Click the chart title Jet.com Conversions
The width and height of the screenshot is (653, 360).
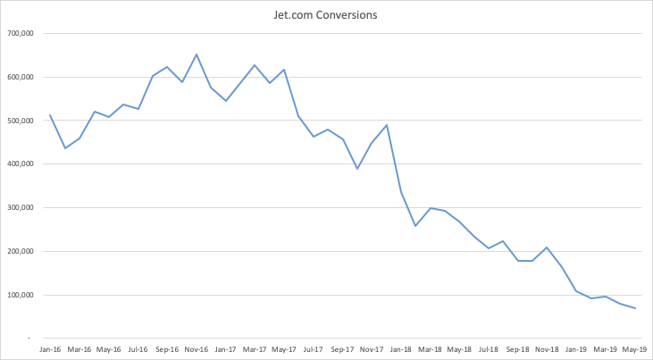click(327, 15)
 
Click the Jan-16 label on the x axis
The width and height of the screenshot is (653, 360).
click(49, 349)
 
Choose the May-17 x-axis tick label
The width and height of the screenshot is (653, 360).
click(283, 349)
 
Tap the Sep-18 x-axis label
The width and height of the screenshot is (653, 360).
click(517, 349)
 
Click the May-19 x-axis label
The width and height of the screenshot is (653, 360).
click(633, 349)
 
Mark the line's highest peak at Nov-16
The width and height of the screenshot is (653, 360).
click(197, 54)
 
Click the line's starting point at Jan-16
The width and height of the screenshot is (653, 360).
click(49, 114)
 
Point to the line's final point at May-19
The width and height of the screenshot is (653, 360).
click(635, 308)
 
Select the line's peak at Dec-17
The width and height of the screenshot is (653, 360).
click(386, 125)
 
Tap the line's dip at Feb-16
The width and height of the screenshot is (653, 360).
click(64, 148)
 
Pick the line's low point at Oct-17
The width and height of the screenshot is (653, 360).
click(357, 169)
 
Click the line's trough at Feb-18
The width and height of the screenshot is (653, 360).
click(415, 226)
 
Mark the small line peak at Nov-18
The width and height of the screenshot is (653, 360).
click(547, 247)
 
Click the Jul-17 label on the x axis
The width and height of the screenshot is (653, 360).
click(313, 349)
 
